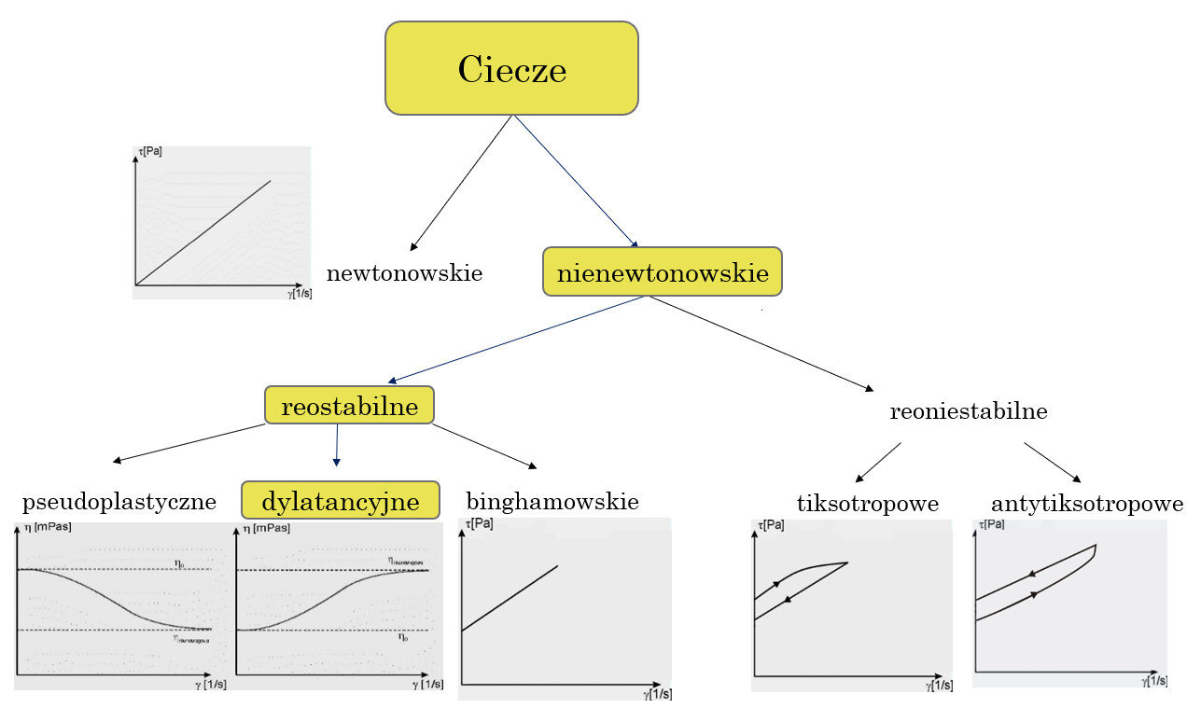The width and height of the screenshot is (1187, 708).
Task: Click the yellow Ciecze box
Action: (x=511, y=68)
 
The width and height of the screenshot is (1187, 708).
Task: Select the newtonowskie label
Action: (x=404, y=273)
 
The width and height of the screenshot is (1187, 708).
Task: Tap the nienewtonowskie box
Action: (x=662, y=272)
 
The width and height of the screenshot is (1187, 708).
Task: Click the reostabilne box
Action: (x=349, y=405)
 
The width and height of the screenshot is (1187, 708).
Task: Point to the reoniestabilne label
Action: (x=968, y=411)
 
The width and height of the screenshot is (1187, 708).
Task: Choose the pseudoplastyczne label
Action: (x=119, y=502)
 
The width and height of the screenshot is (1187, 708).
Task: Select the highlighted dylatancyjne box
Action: (x=340, y=501)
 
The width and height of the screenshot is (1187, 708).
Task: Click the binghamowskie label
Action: (x=552, y=502)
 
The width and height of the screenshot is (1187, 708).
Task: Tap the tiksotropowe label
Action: (x=867, y=504)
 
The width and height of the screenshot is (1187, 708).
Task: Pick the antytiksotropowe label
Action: (x=1087, y=504)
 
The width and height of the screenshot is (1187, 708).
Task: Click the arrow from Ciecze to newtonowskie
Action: (x=461, y=183)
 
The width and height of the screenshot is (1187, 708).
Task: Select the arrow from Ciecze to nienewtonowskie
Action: (x=574, y=180)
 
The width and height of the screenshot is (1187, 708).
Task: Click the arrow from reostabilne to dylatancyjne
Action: (x=337, y=445)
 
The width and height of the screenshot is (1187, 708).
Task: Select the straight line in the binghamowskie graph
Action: (x=510, y=598)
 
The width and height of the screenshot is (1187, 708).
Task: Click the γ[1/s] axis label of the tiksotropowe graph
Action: (x=939, y=686)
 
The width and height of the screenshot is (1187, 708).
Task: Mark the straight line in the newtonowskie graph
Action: (x=203, y=232)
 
